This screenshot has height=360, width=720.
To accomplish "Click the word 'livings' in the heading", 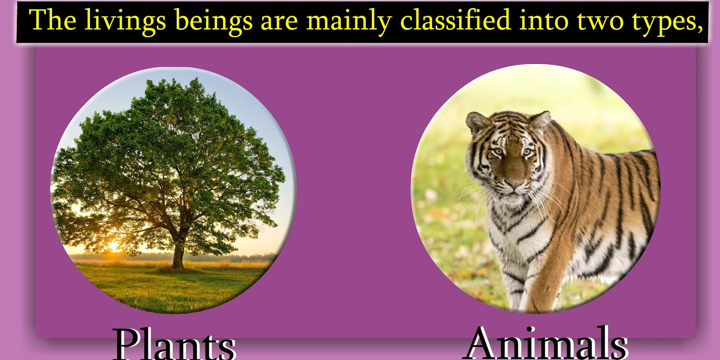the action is coord(125,21).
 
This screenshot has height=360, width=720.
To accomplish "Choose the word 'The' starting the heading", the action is coord(52,20).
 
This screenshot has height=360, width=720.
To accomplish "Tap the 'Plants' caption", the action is coord(174,344).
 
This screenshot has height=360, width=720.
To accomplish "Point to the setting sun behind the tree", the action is coord(113,246).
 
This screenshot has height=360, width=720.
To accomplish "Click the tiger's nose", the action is coord(514,184).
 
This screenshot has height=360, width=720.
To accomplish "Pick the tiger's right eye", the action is coord(498,152).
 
